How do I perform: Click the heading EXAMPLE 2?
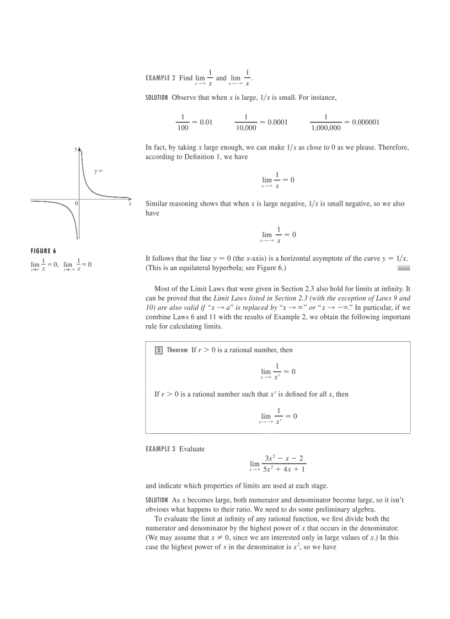(160, 78)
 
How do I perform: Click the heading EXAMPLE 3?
(160, 449)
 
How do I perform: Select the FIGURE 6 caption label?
(44, 251)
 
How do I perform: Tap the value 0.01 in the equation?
(206, 122)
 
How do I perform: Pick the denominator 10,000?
(246, 128)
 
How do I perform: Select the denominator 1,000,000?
(325, 128)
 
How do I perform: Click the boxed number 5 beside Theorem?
(158, 350)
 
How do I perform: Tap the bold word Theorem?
(177, 350)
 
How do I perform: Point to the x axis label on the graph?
(130, 204)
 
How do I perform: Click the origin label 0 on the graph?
(76, 204)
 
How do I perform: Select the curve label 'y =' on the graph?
(99, 171)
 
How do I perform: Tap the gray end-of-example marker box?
(404, 268)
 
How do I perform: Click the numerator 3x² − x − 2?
(284, 459)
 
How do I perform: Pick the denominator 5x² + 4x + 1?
(284, 470)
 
